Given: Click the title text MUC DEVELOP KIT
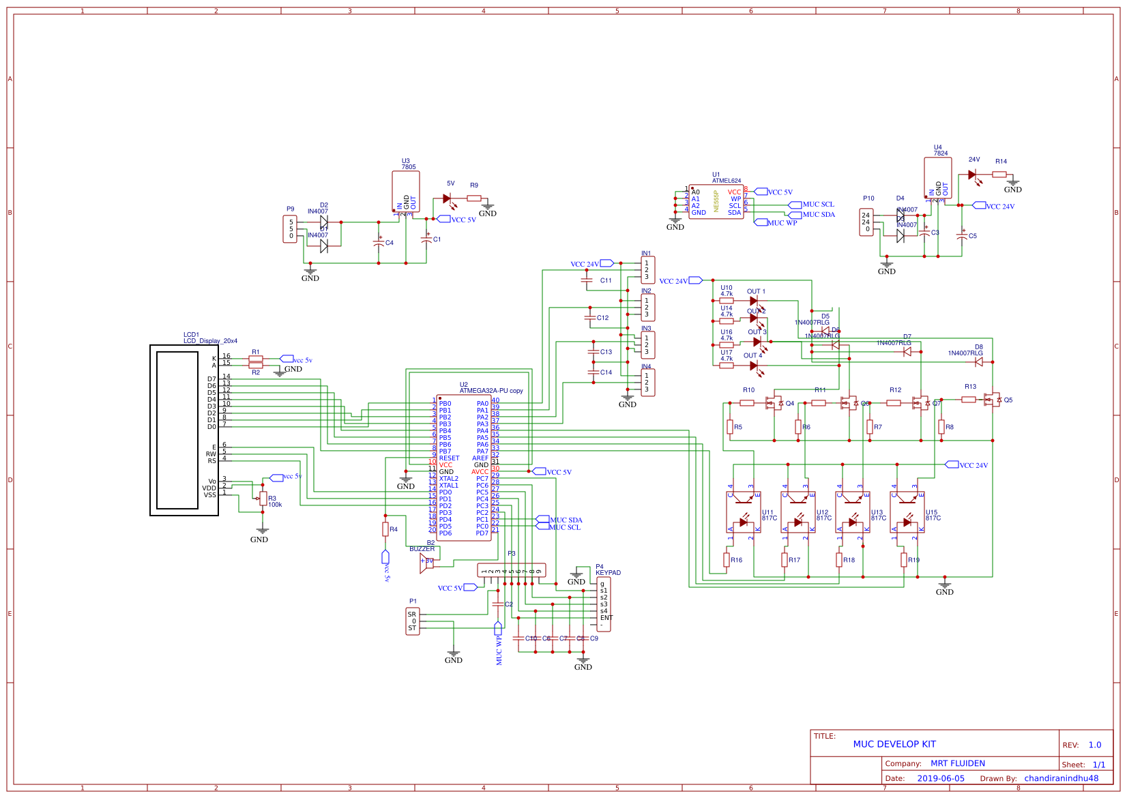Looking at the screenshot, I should pos(894,744).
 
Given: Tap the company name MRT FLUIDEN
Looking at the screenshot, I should pos(957,763).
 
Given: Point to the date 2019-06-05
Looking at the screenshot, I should pos(940,778).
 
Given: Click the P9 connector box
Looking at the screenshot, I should pos(291,229).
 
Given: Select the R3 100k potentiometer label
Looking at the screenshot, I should pos(274,502).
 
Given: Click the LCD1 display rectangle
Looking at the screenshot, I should pos(184,430).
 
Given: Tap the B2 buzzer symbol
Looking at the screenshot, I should pos(427,563).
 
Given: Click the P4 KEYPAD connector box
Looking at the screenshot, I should pos(604,604).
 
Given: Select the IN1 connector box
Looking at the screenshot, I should pos(647,269).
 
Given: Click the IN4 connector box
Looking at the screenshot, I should pos(647,383).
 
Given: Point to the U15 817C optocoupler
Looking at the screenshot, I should pos(907,512).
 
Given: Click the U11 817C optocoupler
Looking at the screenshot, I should pos(743,512).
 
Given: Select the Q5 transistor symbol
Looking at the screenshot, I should pos(993,400).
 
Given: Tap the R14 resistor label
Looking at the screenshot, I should pos(1001,162).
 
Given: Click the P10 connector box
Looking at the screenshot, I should pos(866,222).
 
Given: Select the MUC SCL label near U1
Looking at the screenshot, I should pos(817,205).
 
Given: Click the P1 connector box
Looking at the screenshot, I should pos(413,621).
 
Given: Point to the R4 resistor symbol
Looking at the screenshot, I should pos(385,529).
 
